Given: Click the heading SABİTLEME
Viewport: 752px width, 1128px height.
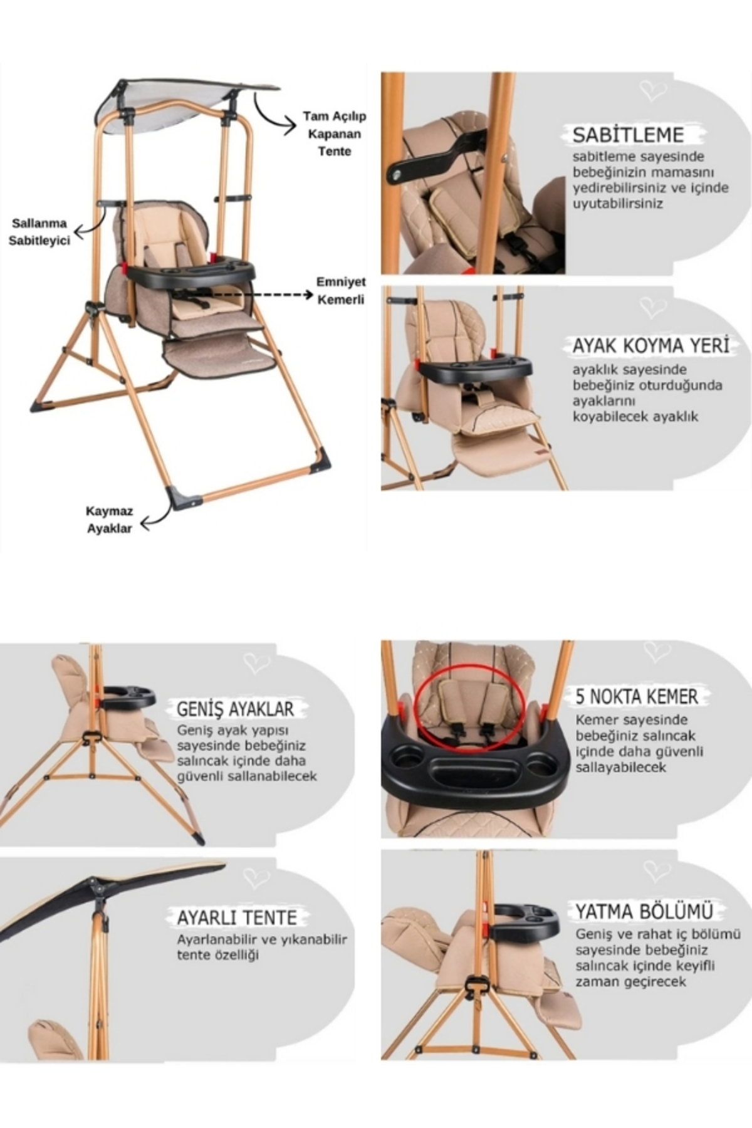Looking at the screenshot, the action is point(628,135).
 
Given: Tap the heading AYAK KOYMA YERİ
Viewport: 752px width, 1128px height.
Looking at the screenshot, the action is point(651,345).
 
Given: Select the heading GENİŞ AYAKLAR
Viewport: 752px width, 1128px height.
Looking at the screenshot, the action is point(235,709).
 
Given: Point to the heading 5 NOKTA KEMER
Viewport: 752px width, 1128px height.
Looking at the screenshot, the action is point(637,696).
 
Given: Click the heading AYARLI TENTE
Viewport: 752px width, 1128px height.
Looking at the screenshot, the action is point(236,917).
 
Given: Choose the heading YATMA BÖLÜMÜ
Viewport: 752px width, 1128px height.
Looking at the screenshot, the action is point(644,911).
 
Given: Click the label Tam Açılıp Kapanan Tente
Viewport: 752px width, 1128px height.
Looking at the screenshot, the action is point(334,133).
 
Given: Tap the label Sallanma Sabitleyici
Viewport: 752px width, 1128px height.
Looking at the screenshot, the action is point(39,232).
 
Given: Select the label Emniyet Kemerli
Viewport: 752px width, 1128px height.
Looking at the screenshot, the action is point(341,291).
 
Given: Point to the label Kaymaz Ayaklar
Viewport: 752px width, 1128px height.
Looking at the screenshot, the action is point(109,520).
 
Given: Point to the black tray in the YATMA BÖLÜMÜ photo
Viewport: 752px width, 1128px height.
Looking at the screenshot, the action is point(525,921).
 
